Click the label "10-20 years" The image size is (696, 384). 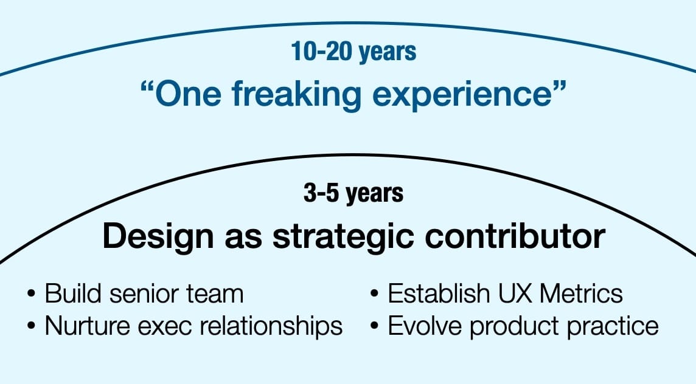tap(353, 52)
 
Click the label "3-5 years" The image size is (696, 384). tap(353, 193)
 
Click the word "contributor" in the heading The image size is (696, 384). tap(514, 237)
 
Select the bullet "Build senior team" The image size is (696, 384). tap(144, 294)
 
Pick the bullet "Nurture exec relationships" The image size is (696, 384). tap(193, 326)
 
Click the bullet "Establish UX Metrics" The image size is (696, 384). tap(505, 294)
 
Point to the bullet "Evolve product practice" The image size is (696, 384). tap(523, 326)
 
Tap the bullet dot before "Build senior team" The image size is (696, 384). tap(31, 295)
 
